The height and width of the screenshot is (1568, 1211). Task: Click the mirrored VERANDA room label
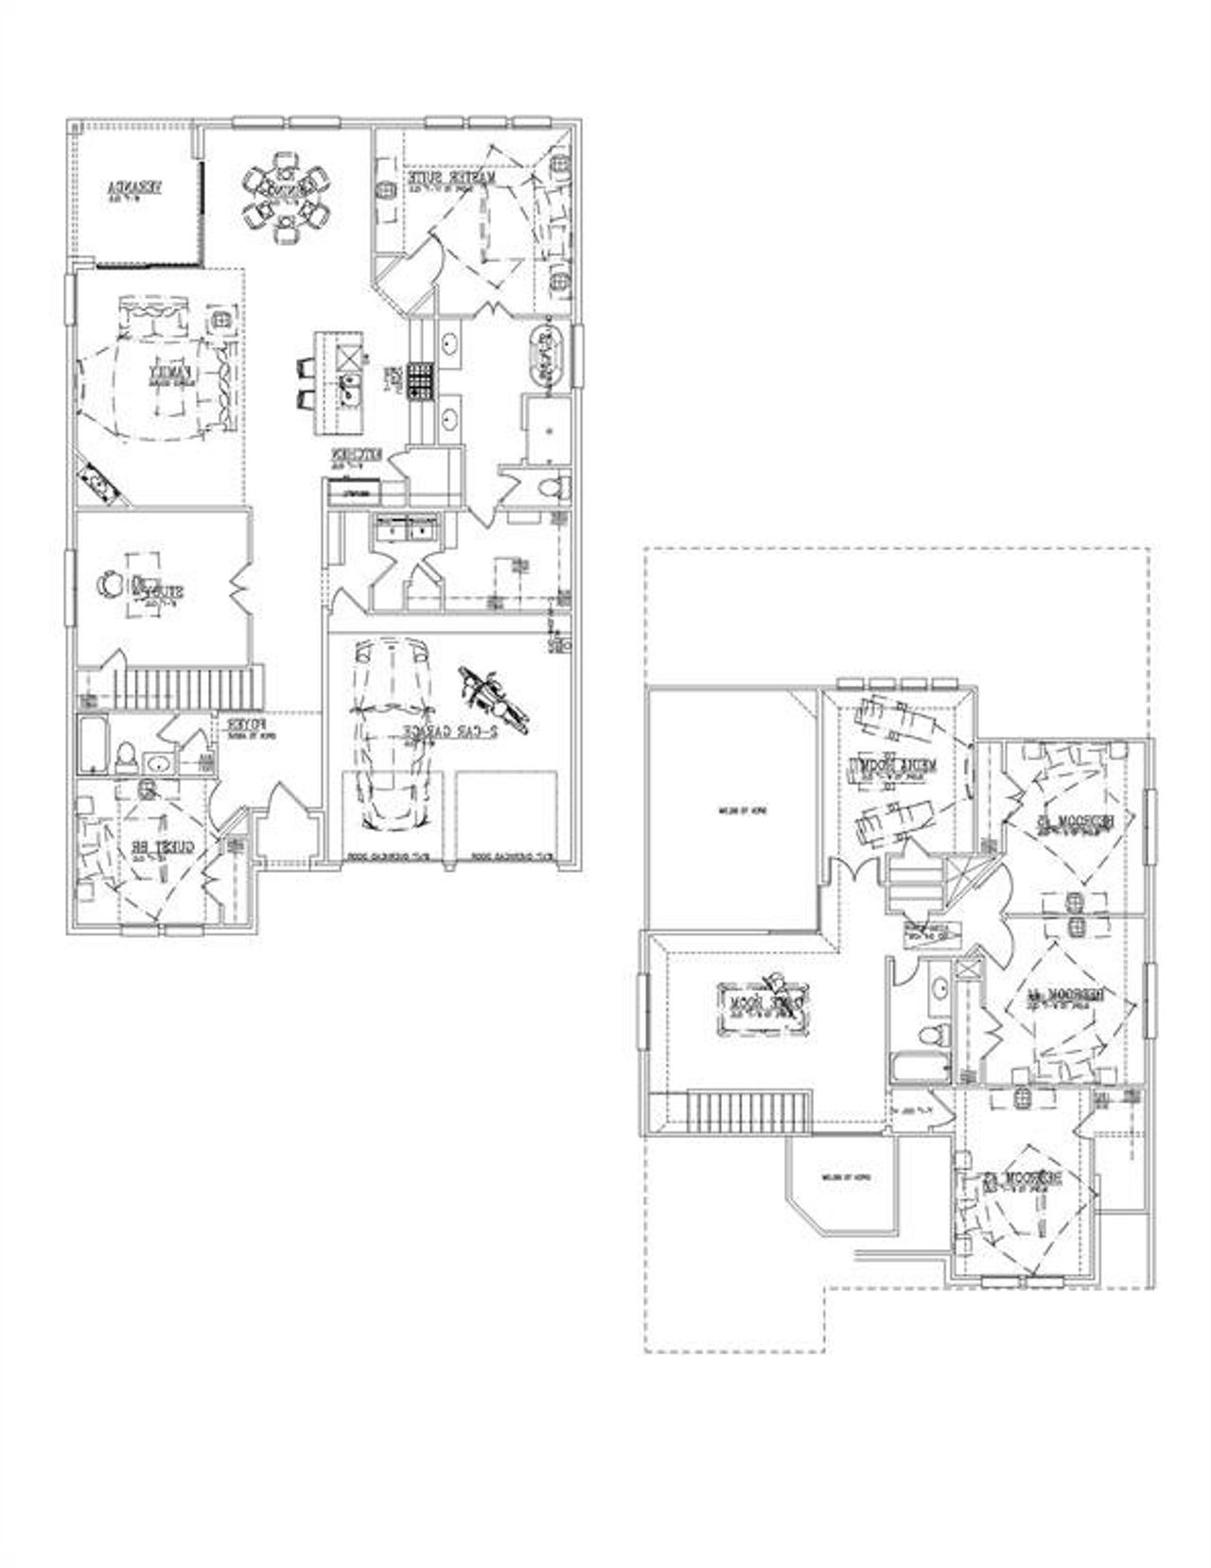(136, 189)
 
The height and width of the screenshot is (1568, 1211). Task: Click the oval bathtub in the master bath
(546, 355)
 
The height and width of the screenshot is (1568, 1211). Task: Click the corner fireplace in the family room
(97, 485)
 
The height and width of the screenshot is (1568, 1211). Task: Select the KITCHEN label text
(355, 459)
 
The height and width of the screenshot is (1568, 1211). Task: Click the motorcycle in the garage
(491, 698)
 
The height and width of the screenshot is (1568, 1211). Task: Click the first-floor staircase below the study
(189, 687)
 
